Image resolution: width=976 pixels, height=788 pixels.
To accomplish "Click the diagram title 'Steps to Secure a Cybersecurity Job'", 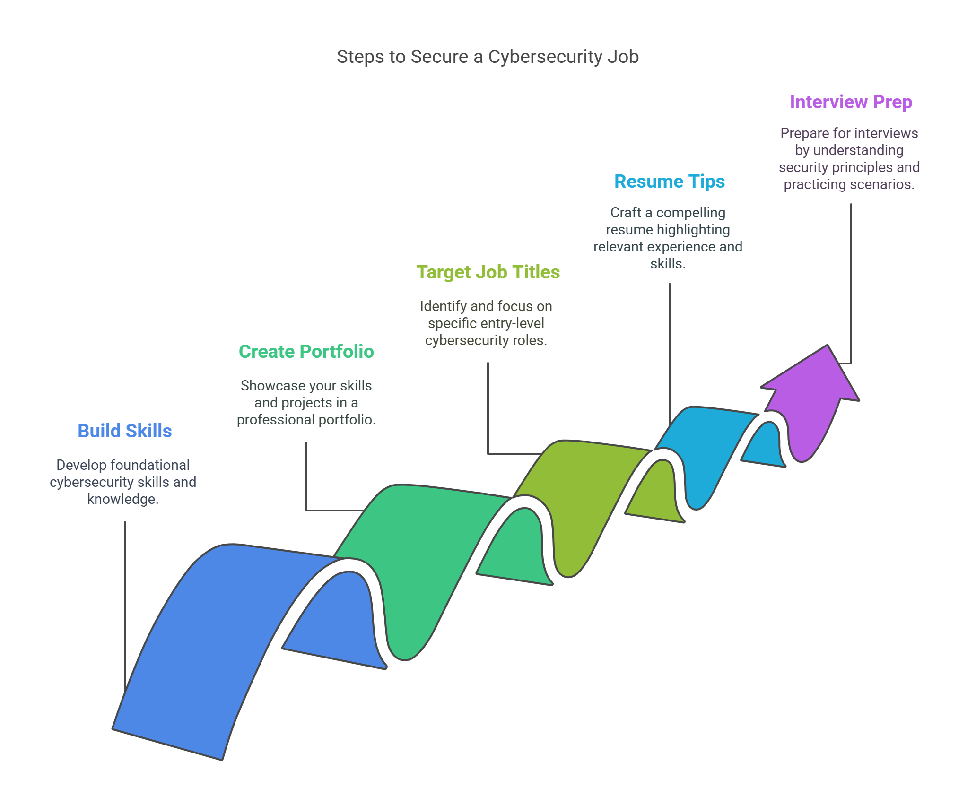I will pos(488,57).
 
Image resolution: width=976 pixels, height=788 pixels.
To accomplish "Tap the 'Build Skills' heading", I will pos(124,431).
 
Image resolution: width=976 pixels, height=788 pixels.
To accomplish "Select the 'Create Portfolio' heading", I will pos(306,352).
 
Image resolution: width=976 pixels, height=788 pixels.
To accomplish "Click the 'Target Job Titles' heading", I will pos(488,272).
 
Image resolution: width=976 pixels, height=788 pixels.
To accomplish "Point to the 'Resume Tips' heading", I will pos(669,182).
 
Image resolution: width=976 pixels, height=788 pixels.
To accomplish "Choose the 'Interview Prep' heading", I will pos(851,102).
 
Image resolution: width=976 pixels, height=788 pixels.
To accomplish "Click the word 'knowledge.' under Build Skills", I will pos(122,499).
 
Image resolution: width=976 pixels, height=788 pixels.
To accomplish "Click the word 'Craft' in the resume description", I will pos(626,213).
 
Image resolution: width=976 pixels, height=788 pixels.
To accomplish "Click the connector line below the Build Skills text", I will pos(125,605).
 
